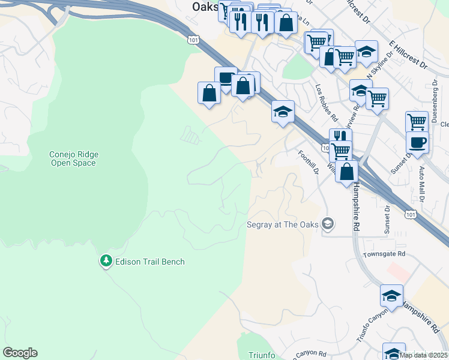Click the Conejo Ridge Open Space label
74,158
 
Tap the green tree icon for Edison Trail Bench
106,260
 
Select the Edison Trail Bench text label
149,262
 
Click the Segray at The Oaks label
283,226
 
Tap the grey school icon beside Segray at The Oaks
327,224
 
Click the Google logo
20,353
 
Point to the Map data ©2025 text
423,355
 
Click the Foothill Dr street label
308,162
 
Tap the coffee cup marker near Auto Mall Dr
417,142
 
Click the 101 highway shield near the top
192,40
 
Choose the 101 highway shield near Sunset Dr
410,213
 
